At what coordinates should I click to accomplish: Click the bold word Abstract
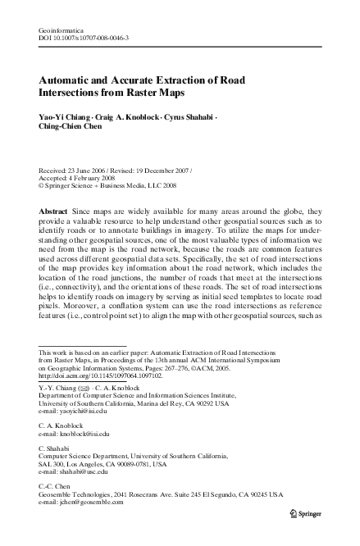click(53, 212)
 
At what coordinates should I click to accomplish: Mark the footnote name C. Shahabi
click(54, 447)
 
